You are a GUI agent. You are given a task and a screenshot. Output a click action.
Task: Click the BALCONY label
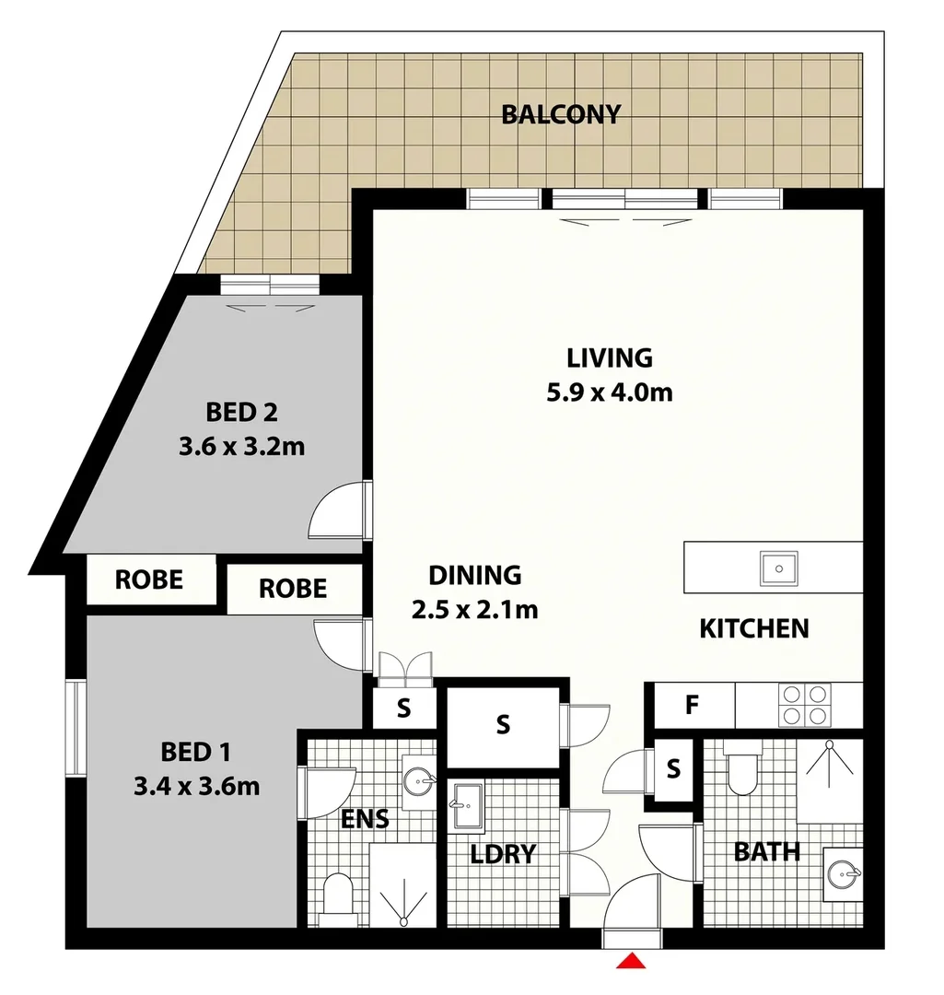(560, 115)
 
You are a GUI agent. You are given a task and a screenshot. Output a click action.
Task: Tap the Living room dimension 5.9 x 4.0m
(609, 392)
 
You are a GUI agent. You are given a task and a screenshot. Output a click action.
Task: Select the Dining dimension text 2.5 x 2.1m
(475, 609)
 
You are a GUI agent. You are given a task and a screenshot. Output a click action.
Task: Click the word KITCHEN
(754, 628)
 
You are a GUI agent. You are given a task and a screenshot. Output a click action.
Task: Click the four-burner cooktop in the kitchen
(805, 705)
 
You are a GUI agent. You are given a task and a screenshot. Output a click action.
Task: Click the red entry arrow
(631, 961)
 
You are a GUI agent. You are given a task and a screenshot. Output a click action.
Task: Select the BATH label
(766, 852)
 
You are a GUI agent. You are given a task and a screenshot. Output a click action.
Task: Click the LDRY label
(503, 854)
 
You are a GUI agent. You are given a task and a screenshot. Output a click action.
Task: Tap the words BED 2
(241, 410)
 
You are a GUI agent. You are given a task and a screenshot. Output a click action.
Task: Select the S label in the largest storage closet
(503, 725)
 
